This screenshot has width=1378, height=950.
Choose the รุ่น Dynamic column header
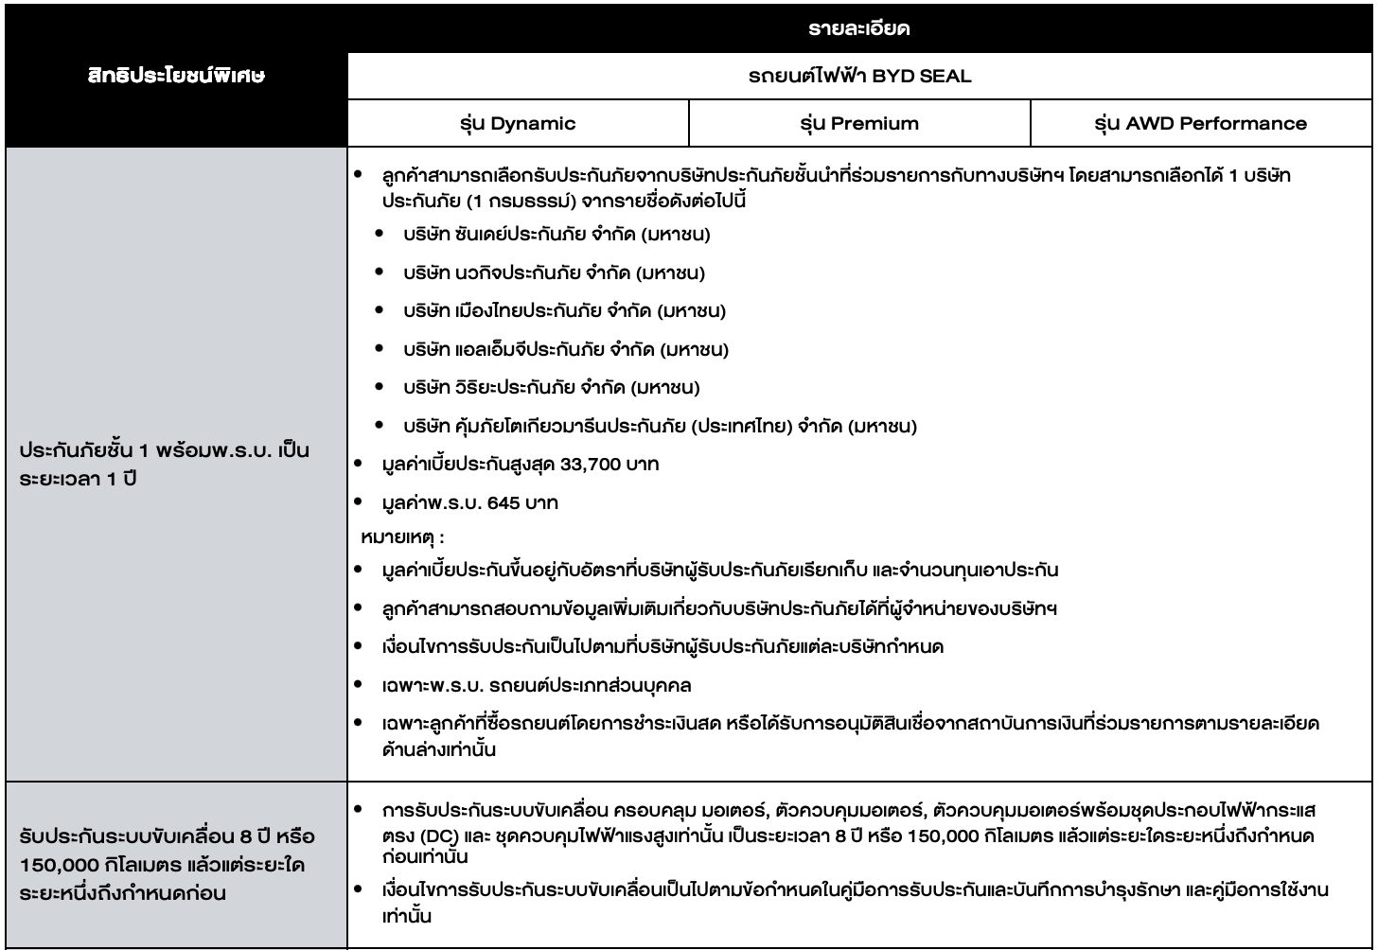(x=518, y=123)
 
